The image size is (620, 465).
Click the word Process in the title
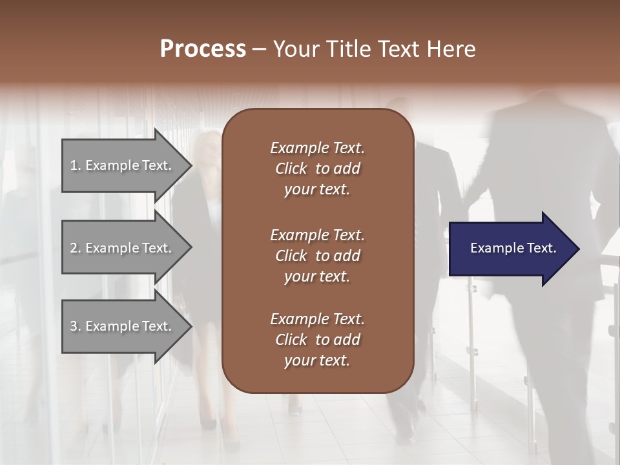pyautogui.click(x=203, y=49)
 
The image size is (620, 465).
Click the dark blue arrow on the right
pyautogui.click(x=510, y=249)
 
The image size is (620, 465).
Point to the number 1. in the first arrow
pyautogui.click(x=76, y=165)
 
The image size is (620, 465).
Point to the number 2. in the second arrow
pyautogui.click(x=76, y=248)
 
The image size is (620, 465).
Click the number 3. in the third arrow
pyautogui.click(x=76, y=326)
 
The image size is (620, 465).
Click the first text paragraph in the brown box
pyautogui.click(x=317, y=169)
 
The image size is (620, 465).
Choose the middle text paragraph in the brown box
pyautogui.click(x=317, y=256)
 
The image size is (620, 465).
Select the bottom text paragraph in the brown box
pyautogui.click(x=317, y=340)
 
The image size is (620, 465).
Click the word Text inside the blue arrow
pyautogui.click(x=541, y=248)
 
